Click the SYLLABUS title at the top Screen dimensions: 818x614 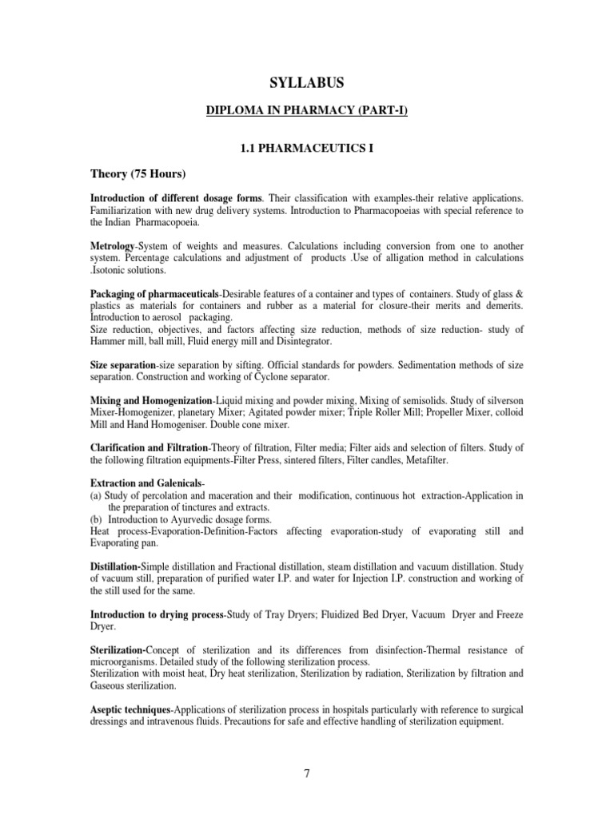(x=307, y=81)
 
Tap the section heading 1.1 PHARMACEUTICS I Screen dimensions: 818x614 (x=307, y=149)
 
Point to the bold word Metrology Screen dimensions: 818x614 (x=114, y=247)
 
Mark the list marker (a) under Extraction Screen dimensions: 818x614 (x=96, y=495)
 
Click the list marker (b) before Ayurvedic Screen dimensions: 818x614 (x=96, y=519)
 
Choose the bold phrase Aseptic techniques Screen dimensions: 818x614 (x=130, y=709)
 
